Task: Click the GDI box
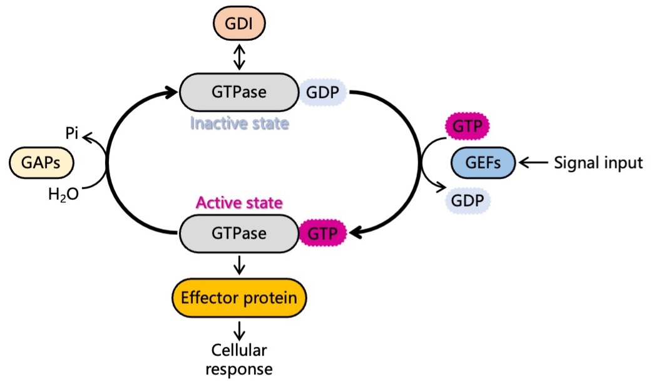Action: click(239, 23)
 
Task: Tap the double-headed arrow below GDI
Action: click(239, 57)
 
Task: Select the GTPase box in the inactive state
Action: click(238, 92)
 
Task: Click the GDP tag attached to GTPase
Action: click(322, 92)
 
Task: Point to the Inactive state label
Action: click(239, 123)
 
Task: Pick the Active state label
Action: click(239, 203)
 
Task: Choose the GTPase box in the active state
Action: click(238, 234)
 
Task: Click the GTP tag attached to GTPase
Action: click(322, 234)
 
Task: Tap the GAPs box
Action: click(41, 163)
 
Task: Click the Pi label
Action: click(72, 133)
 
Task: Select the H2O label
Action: click(63, 194)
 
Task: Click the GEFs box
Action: click(483, 163)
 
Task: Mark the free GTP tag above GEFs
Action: click(468, 126)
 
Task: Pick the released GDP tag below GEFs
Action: click(468, 201)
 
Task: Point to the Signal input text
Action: click(598, 163)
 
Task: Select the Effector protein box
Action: click(239, 298)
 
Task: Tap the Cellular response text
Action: click(239, 359)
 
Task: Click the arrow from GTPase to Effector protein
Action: click(239, 266)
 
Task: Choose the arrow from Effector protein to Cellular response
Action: click(239, 331)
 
